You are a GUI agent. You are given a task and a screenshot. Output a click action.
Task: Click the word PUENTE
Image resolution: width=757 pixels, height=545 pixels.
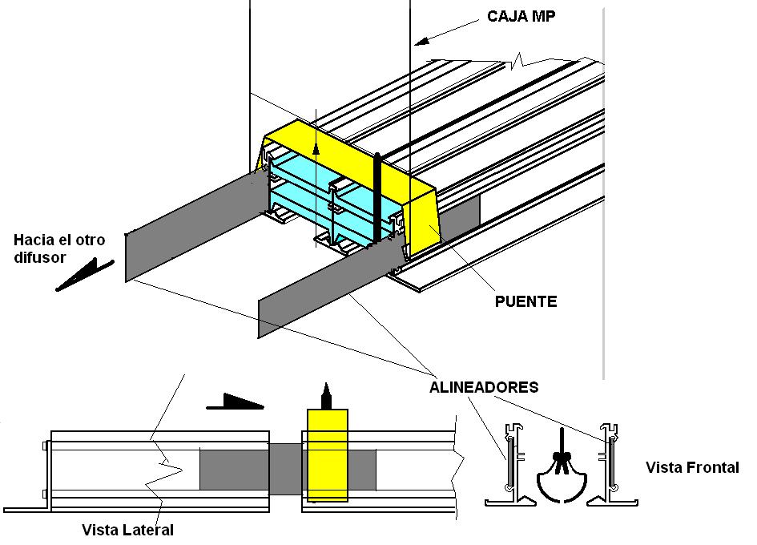(x=525, y=302)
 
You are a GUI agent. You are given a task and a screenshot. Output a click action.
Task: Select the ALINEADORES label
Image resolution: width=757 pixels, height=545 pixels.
(x=483, y=387)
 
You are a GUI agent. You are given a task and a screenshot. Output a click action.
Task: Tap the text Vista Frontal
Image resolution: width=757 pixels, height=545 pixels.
(x=691, y=467)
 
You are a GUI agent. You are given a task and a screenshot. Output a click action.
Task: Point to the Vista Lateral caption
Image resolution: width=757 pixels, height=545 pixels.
(x=127, y=530)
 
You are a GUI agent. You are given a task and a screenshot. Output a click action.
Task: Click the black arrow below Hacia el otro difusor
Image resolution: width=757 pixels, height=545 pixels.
(x=85, y=274)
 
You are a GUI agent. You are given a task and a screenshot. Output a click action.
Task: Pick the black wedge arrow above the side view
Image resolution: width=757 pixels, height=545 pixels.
(x=236, y=401)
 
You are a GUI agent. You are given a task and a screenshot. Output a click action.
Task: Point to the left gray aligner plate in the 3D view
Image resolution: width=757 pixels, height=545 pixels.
(x=192, y=228)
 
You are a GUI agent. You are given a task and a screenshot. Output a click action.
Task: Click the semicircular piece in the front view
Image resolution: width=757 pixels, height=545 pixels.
(x=562, y=480)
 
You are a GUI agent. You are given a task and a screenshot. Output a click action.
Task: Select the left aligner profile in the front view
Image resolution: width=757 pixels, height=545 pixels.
(x=509, y=465)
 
